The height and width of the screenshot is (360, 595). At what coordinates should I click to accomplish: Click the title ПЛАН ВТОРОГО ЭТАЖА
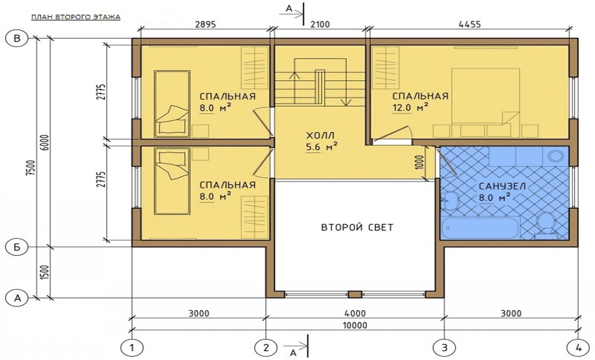76,17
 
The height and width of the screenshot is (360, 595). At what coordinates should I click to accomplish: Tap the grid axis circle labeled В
17,38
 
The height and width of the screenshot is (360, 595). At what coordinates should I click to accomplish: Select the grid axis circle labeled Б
17,247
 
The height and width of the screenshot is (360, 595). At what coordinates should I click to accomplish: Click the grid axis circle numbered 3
444,347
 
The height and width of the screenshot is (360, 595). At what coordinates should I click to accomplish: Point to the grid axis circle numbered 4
578,347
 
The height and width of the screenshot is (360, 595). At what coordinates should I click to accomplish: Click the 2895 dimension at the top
205,24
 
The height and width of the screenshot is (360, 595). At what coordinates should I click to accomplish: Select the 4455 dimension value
469,24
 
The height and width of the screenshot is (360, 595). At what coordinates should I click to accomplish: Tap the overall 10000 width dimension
355,326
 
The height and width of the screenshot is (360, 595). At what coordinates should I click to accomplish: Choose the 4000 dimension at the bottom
355,314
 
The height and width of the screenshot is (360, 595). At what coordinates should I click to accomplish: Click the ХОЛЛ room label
321,135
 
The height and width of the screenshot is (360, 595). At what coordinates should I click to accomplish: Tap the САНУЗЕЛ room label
503,186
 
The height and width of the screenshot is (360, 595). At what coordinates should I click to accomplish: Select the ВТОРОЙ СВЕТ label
357,227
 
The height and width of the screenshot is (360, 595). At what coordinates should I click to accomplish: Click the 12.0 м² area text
410,108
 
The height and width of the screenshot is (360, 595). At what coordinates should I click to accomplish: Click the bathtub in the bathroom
479,228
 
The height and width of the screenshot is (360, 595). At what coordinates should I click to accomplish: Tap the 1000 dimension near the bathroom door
420,163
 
